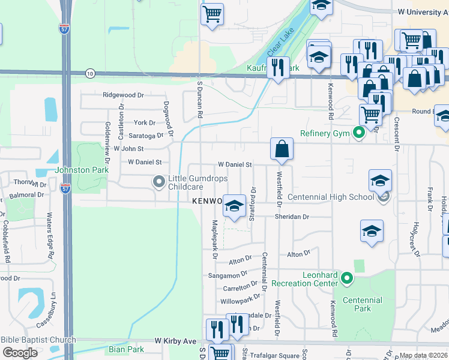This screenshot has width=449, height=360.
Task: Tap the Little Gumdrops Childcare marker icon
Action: (159, 181)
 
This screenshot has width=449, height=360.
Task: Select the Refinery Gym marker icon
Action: (360, 133)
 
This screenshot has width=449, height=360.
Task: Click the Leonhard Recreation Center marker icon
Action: (346, 278)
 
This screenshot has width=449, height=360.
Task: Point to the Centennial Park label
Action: (362, 304)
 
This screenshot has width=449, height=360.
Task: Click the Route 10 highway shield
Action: (89, 73)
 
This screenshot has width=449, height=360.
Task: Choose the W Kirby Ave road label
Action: (176, 341)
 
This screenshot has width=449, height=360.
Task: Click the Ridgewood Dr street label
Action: (124, 95)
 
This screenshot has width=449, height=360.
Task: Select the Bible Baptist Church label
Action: (38, 340)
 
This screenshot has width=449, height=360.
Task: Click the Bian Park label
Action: (126, 349)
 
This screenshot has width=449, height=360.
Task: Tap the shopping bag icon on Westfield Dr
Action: (282, 149)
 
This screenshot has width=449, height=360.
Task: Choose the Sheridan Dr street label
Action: (292, 217)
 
